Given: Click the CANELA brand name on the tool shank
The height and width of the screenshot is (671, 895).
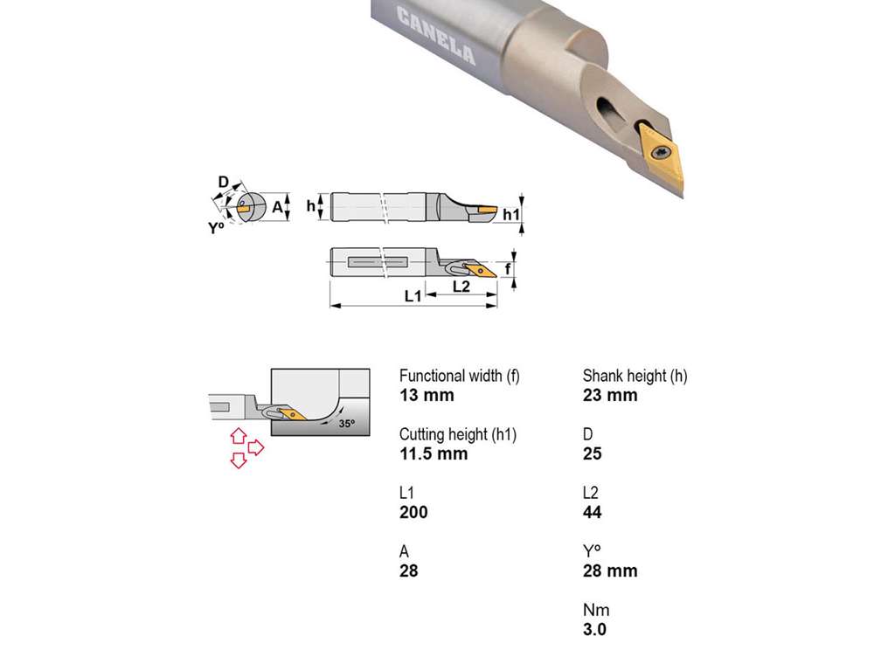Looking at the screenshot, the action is pyautogui.click(x=436, y=35).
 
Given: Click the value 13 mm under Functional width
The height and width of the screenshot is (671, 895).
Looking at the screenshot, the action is pyautogui.click(x=427, y=395).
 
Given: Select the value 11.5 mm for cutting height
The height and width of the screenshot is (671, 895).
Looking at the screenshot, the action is pyautogui.click(x=434, y=453).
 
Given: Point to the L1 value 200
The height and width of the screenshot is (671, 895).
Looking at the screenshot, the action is pyautogui.click(x=413, y=512).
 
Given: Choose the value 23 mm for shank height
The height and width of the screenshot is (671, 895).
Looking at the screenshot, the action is pyautogui.click(x=609, y=395).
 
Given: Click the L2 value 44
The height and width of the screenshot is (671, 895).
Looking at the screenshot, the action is pyautogui.click(x=592, y=512).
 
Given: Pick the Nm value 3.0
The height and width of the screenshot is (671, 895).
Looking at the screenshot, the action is pyautogui.click(x=594, y=629).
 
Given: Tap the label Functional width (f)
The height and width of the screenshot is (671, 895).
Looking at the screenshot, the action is pyautogui.click(x=460, y=376).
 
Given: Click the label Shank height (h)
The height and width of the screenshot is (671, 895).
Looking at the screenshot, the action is pyautogui.click(x=635, y=376).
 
